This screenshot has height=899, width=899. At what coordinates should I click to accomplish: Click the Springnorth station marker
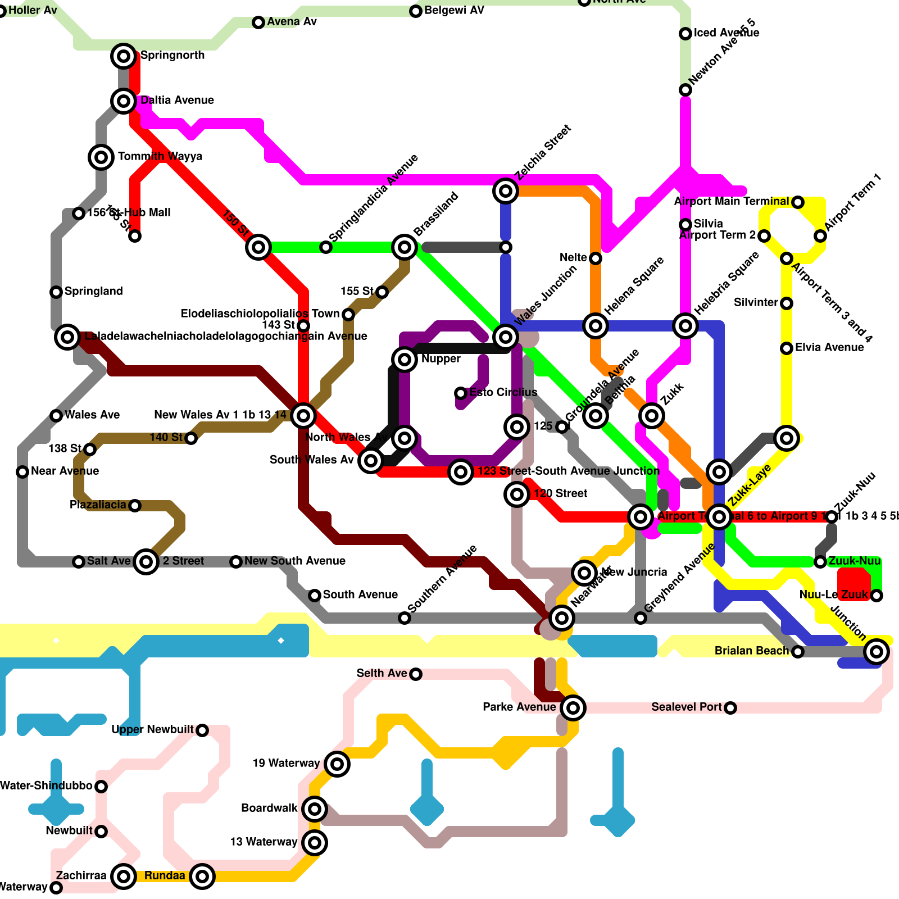pos(124,56)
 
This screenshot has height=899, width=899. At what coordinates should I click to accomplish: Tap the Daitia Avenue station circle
pos(124,101)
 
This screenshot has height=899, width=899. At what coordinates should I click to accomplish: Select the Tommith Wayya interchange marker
pos(101,157)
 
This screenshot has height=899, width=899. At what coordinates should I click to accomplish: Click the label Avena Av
pos(292,22)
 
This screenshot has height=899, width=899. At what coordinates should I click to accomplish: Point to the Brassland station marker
pos(405,247)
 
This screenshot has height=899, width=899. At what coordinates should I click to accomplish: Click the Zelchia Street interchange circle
pos(506,191)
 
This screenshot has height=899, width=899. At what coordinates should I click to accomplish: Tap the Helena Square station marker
pos(596,326)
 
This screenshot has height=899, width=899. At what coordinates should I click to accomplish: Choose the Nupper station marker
pos(405,360)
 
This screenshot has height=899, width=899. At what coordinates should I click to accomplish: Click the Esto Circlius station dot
pos(461,393)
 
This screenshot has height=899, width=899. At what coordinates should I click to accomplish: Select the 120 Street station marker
pos(517,494)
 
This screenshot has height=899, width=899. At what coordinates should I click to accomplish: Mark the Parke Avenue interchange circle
pos(573,708)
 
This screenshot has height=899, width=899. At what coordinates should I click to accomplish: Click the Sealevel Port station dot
pos(730,708)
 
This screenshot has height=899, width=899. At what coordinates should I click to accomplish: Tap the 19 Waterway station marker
pos(337,764)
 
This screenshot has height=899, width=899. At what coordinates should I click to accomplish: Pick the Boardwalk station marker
pos(315,809)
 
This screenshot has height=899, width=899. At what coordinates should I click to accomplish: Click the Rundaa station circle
pos(202,877)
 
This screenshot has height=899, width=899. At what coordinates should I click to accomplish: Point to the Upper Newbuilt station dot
pos(202,730)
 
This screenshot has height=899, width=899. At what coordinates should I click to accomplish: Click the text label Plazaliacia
pos(98,505)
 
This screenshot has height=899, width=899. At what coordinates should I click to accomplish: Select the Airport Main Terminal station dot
pos(798,202)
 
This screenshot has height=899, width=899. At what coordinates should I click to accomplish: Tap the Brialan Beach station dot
pos(798,652)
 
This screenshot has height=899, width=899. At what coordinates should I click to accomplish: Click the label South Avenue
pos(360,595)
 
